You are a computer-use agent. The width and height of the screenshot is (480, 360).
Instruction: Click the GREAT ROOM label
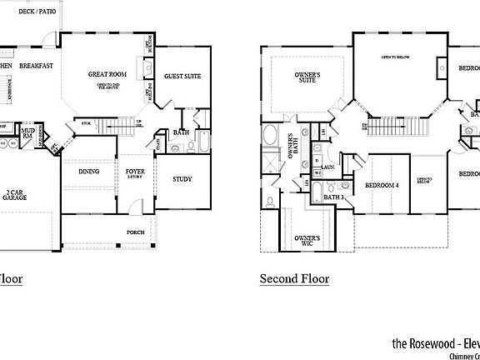106,75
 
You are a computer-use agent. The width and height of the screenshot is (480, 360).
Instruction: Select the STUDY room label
182,179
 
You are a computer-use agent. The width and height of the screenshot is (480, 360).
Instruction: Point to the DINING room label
89,172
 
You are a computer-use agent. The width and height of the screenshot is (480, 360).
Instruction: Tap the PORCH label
136,232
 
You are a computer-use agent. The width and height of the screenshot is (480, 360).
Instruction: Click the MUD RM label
27,132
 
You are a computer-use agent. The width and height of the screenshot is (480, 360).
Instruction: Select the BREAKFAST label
37,66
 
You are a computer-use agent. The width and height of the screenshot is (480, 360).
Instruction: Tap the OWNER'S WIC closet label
307,242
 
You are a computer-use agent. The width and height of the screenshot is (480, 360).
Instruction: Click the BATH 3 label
334,197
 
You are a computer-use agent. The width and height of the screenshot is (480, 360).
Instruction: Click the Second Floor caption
294,279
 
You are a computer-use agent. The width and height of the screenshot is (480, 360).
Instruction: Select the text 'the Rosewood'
422,342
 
